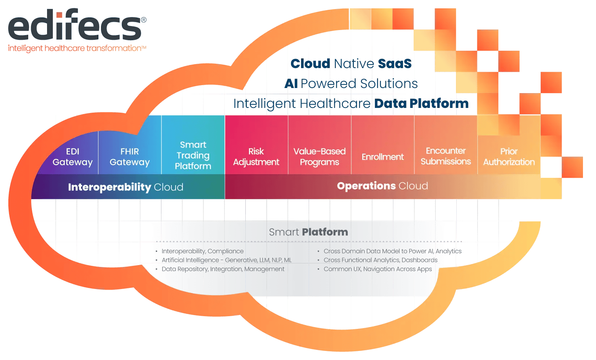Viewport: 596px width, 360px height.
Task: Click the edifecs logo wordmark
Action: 75,26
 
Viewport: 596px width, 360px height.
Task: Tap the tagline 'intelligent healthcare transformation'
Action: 77,48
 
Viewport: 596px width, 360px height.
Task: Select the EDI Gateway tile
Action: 72,156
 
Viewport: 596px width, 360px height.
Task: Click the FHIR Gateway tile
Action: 130,156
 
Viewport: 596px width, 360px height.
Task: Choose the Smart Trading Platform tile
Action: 193,155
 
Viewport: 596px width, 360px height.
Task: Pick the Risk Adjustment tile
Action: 256,156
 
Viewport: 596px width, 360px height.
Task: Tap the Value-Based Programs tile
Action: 319,156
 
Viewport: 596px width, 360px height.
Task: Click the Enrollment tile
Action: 382,157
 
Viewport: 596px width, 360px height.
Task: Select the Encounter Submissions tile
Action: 445,156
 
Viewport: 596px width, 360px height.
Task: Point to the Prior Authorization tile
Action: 509,156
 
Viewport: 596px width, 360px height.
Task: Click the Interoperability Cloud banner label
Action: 126,187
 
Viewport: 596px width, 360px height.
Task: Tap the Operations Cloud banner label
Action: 382,186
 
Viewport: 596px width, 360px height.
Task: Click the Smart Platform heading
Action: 308,232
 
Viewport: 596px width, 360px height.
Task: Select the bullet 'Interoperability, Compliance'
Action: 202,251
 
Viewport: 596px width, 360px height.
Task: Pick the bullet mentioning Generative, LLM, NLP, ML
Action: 226,260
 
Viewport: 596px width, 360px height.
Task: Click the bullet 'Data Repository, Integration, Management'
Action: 223,269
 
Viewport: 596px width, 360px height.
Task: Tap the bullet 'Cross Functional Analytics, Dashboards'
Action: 380,260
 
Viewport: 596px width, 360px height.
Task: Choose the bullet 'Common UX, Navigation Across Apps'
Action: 377,269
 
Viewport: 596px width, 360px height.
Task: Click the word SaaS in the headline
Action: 394,64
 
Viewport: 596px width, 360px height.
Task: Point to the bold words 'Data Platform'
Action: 421,104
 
